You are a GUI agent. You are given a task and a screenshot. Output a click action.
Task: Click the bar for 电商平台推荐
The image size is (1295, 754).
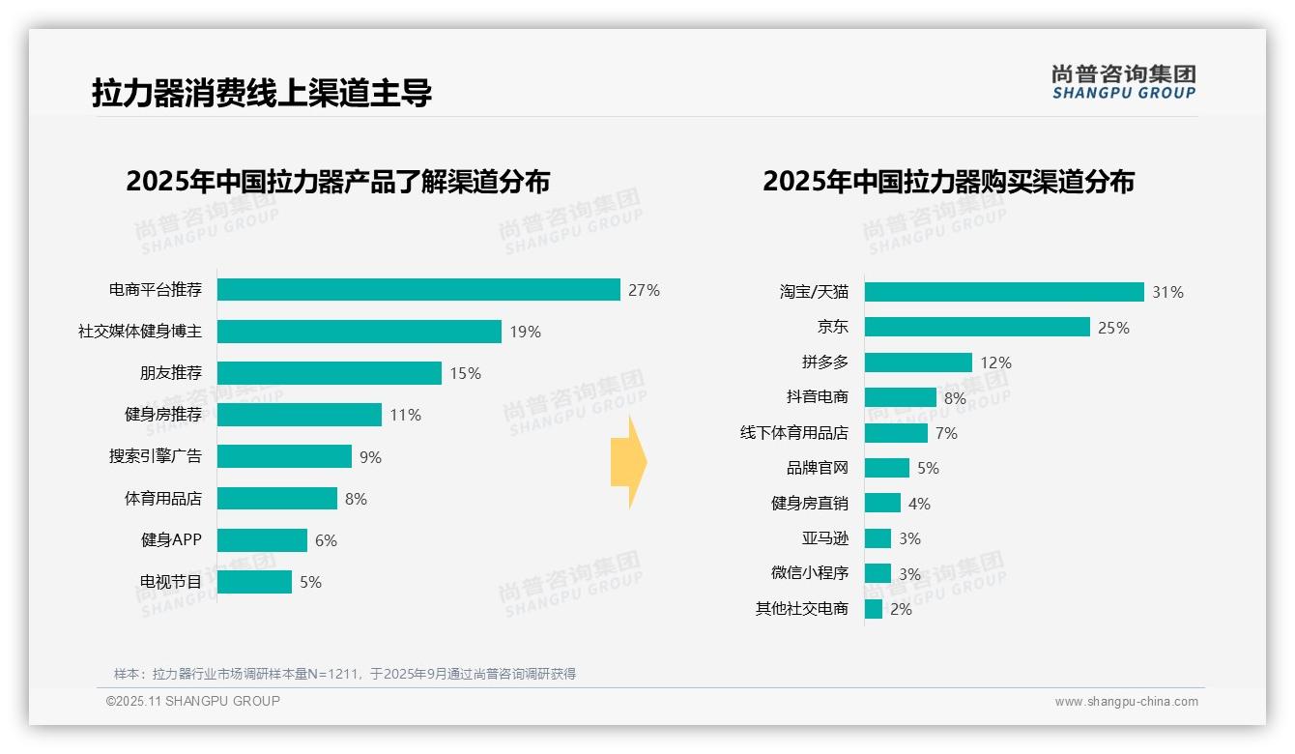pos(417,290)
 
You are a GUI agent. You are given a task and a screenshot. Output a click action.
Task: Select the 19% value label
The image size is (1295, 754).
pos(525,332)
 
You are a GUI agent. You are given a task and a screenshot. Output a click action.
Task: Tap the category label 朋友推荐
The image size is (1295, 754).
pos(171,373)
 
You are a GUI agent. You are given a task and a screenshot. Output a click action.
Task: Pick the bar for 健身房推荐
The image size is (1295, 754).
pos(299,415)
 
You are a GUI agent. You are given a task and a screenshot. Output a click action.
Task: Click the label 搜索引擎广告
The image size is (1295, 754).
pos(156,456)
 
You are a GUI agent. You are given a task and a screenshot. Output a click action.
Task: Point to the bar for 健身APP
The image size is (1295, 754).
pos(262,540)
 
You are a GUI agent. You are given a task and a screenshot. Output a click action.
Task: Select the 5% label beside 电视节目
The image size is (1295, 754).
pos(310,582)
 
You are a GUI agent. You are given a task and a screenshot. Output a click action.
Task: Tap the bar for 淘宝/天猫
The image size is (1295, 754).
pos(1003,292)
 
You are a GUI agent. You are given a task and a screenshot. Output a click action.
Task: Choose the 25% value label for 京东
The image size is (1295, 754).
pos(1113,328)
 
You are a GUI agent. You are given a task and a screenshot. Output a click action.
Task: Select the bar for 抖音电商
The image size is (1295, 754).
pos(900,397)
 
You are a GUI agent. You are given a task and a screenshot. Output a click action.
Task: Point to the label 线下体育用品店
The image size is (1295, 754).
pos(793,433)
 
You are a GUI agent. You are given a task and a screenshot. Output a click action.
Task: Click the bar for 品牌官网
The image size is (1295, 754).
pos(886,468)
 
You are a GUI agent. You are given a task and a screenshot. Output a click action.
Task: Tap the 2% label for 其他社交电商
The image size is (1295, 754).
pos(901,609)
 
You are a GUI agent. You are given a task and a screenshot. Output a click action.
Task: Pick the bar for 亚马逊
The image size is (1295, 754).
pos(878,538)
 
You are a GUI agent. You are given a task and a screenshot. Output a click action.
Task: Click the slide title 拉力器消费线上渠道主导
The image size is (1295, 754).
pos(261,93)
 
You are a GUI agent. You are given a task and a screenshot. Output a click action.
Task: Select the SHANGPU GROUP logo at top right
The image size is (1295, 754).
pos(1123,82)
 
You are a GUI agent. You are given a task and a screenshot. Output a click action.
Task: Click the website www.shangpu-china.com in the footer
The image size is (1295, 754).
pos(1126,702)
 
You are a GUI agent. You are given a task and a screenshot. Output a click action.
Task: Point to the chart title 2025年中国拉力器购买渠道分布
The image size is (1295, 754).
pos(948,182)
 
